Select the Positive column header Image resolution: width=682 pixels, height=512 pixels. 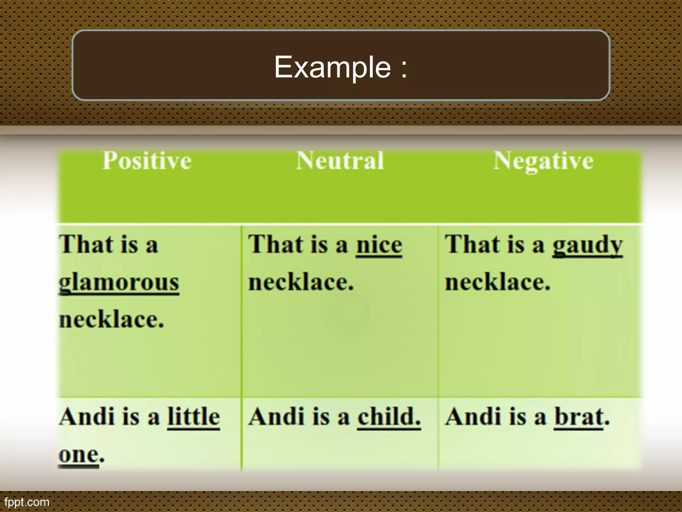(147, 161)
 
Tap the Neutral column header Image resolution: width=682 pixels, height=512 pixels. (340, 161)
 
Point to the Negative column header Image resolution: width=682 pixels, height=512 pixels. (543, 161)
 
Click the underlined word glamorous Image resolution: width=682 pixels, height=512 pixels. (119, 283)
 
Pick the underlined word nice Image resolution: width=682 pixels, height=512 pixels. (379, 245)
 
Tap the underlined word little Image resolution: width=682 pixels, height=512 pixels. (193, 417)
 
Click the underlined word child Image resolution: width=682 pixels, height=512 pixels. (389, 417)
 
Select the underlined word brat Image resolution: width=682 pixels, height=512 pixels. (579, 417)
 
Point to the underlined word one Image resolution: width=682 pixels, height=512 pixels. (79, 454)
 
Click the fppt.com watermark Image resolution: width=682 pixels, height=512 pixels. (27, 502)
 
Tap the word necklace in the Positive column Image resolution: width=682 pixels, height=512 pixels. (111, 320)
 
